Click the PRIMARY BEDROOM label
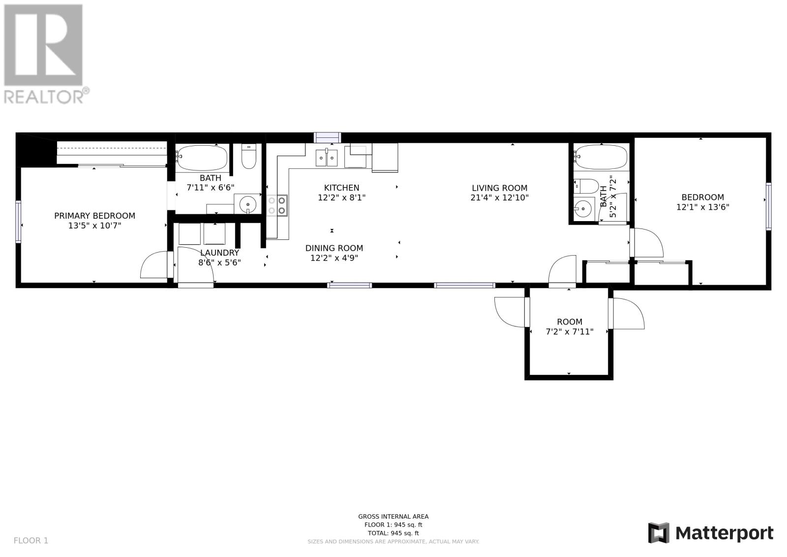(x=94, y=216)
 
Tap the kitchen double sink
(x=327, y=158)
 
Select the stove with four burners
(x=277, y=205)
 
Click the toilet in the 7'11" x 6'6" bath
(x=249, y=157)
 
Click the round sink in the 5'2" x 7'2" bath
(x=583, y=209)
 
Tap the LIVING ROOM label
(x=499, y=188)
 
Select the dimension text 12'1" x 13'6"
(x=703, y=207)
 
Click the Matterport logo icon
(x=659, y=533)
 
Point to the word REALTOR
(x=44, y=97)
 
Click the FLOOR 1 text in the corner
(x=31, y=540)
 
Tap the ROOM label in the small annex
(x=570, y=322)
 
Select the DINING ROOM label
(x=334, y=248)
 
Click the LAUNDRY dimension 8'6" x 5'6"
(x=219, y=262)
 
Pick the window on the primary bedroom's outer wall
(x=18, y=222)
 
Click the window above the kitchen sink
(x=327, y=137)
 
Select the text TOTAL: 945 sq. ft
(x=393, y=533)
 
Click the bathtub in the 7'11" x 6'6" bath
(x=202, y=157)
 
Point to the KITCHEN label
(x=341, y=188)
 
